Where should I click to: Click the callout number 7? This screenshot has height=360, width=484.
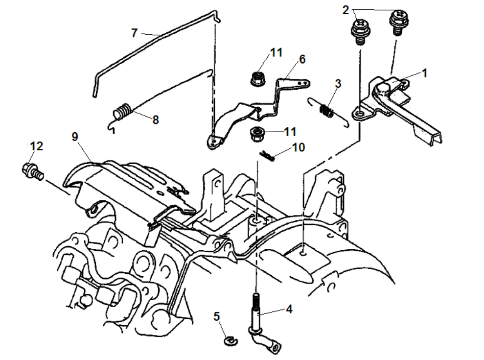(x=134, y=33)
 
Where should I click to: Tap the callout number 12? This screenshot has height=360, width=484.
(x=36, y=146)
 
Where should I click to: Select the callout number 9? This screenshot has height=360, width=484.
(x=75, y=137)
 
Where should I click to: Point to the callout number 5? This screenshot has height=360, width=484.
(x=216, y=316)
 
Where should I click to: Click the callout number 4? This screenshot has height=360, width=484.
(x=289, y=309)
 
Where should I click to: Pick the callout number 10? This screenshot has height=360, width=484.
(x=298, y=147)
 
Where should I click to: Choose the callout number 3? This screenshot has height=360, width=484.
(x=338, y=83)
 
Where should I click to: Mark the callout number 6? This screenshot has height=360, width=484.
(x=302, y=59)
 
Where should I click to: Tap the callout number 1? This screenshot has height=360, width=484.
(x=424, y=73)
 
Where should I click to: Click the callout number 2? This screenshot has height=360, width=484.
(x=346, y=10)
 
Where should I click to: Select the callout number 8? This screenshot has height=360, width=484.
(x=156, y=120)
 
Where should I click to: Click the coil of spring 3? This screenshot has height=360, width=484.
(x=327, y=111)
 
